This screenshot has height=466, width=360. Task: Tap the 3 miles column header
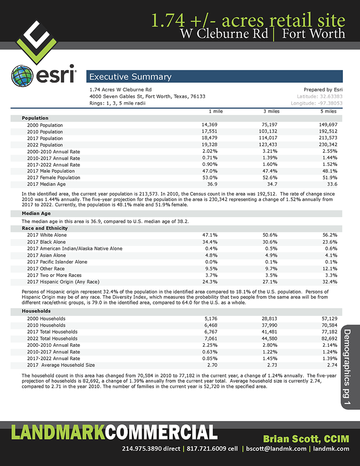point(271,111)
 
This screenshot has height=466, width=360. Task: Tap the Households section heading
point(36,311)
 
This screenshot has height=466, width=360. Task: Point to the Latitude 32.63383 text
point(320,96)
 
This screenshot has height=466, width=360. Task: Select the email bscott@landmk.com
point(276,448)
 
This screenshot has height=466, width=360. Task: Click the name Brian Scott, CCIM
point(306,439)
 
